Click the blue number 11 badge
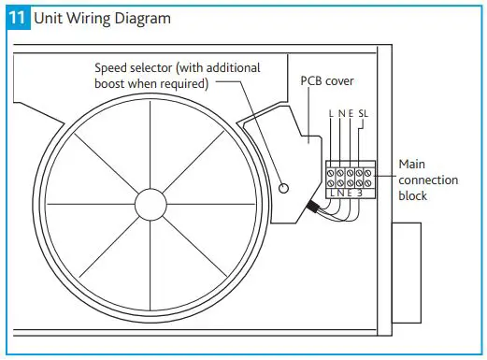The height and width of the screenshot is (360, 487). click(x=19, y=18)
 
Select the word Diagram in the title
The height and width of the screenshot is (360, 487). click(x=140, y=18)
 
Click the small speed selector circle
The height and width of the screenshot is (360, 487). click(x=283, y=190)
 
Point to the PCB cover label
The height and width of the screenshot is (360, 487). click(x=324, y=80)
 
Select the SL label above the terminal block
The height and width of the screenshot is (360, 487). click(x=365, y=113)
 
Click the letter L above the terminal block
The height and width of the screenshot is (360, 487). click(x=332, y=113)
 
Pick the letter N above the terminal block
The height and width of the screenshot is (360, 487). click(x=341, y=113)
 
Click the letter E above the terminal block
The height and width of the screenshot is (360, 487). click(x=351, y=113)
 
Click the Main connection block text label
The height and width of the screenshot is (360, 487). click(x=426, y=180)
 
